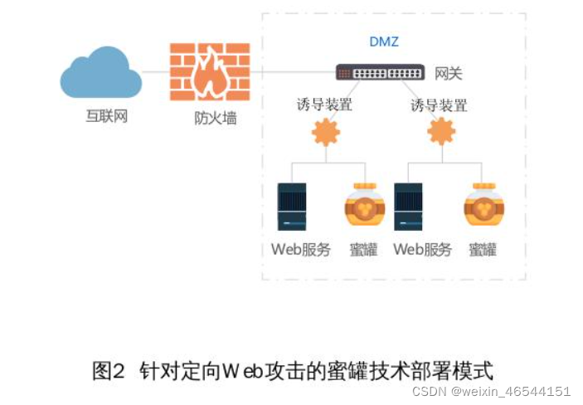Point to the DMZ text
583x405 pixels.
tap(385, 41)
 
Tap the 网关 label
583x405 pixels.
tap(449, 74)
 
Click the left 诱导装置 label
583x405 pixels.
tap(324, 105)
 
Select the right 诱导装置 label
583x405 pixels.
tap(439, 105)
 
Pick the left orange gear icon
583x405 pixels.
tap(325, 132)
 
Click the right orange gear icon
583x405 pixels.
tap(440, 131)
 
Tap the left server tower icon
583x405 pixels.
tap(292, 207)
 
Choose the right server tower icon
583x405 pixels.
tap(409, 207)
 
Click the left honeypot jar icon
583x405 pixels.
tap(364, 207)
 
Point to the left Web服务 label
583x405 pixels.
tap(300, 249)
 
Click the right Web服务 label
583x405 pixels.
tap(422, 249)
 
